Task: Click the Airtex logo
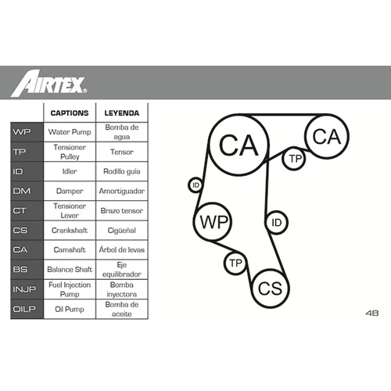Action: [49, 83]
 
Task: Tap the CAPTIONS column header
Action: [70, 113]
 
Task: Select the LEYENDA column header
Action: [122, 113]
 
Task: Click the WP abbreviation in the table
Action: [22, 132]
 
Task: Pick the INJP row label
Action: [24, 289]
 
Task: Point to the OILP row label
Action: [24, 309]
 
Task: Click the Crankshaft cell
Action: [70, 230]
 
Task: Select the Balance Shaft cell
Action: [70, 269]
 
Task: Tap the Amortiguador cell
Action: [122, 191]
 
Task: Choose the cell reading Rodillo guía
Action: [122, 171]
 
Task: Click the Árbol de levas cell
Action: [122, 249]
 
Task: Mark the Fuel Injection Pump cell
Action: [70, 289]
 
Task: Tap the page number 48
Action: [372, 313]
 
